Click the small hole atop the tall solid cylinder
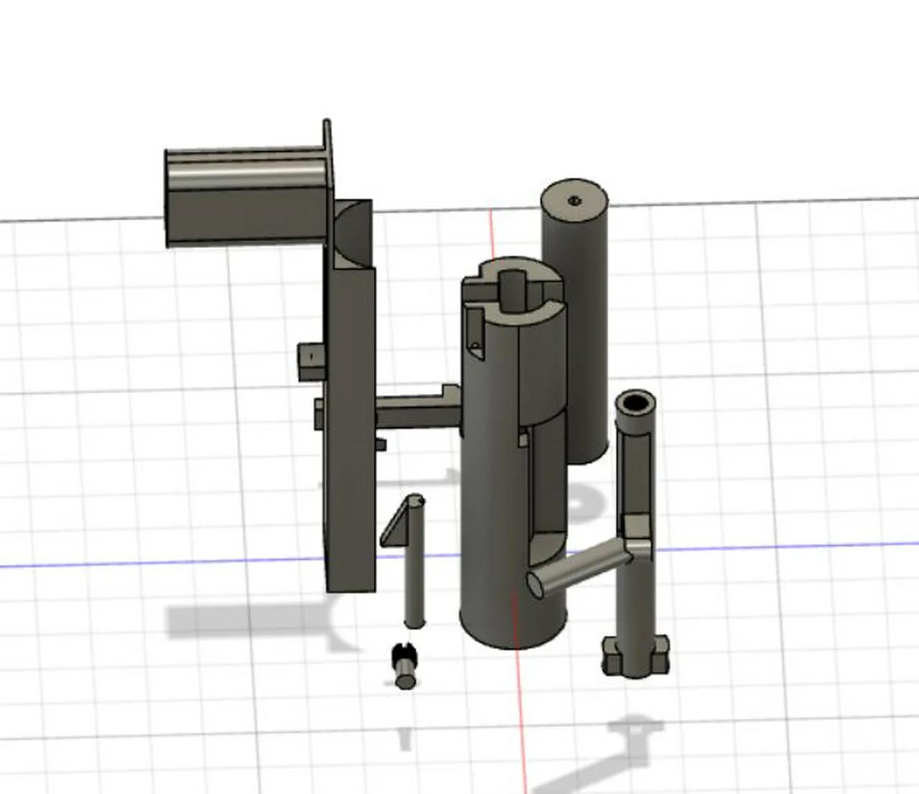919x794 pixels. coord(574,200)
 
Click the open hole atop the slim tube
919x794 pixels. coord(635,402)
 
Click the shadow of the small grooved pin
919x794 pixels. coord(406,737)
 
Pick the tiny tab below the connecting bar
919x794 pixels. coord(381,445)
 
